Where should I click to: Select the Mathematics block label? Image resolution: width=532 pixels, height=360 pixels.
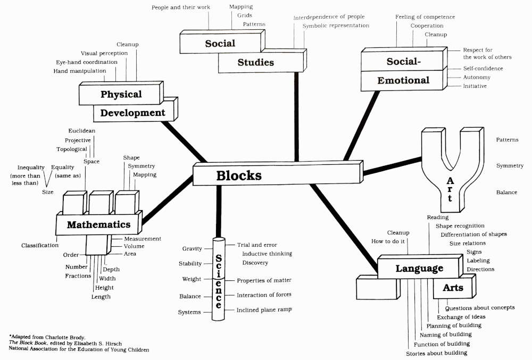point(99,225)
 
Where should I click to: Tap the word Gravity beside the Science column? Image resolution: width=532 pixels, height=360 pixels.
point(192,249)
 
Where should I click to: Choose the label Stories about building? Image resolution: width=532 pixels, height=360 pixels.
point(436,353)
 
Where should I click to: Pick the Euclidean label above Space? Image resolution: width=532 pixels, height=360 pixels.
point(81,131)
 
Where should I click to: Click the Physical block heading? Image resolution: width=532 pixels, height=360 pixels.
point(121,95)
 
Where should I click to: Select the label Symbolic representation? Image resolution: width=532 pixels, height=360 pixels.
point(336,26)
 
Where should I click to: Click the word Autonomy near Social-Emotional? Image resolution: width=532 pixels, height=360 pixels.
point(477,77)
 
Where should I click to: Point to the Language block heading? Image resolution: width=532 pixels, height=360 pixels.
point(419,269)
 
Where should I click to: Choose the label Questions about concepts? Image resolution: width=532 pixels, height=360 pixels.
point(479,307)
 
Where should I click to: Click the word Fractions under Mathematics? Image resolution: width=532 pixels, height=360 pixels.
point(79,276)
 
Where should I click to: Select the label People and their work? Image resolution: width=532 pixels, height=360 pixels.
point(181,7)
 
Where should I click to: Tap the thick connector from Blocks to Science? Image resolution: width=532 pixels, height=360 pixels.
point(218,210)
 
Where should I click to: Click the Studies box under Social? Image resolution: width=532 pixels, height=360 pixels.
point(255,63)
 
